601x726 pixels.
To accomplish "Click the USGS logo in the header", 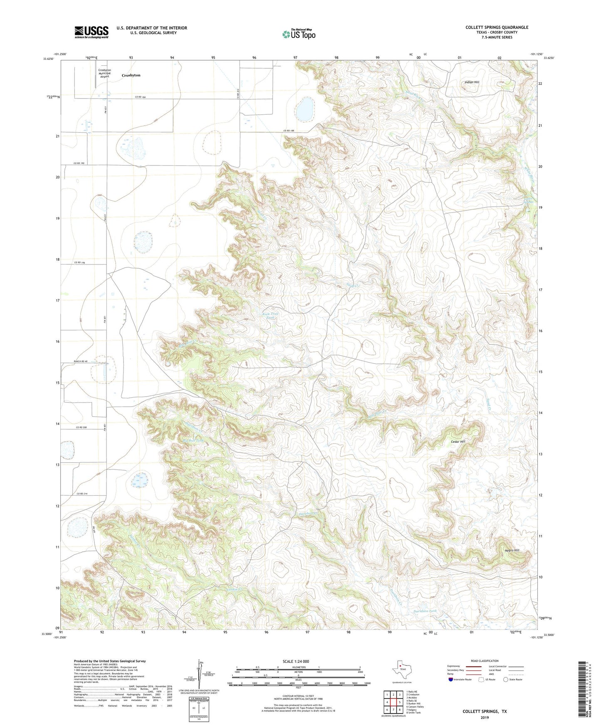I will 92,32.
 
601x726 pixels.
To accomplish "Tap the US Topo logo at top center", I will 298,34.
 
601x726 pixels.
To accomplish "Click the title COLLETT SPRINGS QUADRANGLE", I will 497,27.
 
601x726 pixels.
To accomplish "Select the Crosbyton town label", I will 131,75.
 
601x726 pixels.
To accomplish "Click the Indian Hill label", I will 472,82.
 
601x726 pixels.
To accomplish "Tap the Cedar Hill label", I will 458,442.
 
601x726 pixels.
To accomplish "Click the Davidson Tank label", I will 425,611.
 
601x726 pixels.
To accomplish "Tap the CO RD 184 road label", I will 141,97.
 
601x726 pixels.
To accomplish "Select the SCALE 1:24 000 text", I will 296,662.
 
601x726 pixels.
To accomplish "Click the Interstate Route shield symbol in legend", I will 451,679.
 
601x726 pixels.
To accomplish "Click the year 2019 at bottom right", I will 485,717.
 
